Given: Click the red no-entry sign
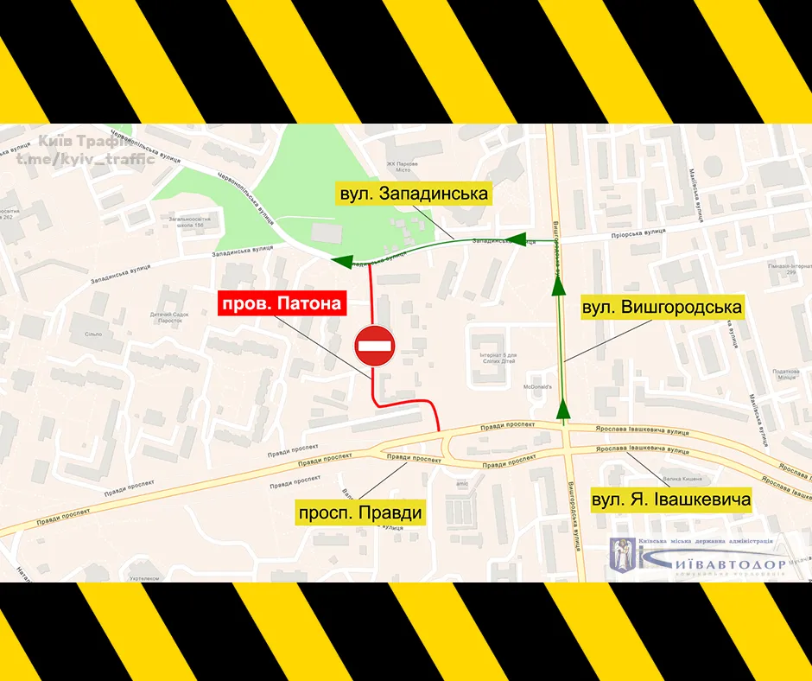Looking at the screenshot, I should (374, 345).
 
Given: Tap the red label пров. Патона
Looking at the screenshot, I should (283, 303).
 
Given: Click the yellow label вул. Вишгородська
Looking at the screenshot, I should (662, 307).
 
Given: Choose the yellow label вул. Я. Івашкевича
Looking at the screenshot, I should (671, 499).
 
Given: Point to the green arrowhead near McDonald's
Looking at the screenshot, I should (564, 410).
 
